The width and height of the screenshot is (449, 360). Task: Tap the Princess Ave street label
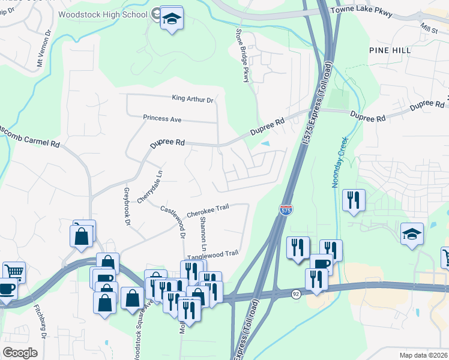point(162,119)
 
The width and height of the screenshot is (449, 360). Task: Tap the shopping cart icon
point(13,272)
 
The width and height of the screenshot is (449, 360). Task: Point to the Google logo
point(20,352)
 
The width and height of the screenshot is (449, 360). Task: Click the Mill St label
point(429,29)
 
